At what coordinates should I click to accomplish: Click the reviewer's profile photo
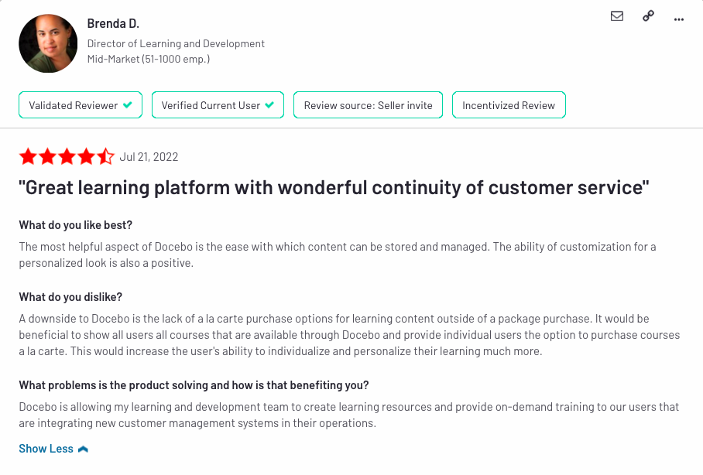(x=48, y=43)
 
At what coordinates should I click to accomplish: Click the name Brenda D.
(x=113, y=23)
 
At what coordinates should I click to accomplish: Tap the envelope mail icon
(x=617, y=16)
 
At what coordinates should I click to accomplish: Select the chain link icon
(x=648, y=16)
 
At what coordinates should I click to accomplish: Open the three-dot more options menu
(x=679, y=19)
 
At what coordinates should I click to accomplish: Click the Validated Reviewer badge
(x=81, y=105)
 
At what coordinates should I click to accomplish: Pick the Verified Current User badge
(x=218, y=105)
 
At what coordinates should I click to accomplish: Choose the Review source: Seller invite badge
(x=368, y=105)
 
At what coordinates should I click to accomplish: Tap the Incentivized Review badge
(x=509, y=105)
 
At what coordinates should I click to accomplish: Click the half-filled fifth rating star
(x=106, y=156)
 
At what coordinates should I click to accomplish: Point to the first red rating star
(x=28, y=156)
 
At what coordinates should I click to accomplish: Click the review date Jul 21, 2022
(x=149, y=157)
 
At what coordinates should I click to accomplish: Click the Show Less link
(x=46, y=449)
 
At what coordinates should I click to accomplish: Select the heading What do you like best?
(x=75, y=225)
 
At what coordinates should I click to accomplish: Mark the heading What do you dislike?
(x=70, y=297)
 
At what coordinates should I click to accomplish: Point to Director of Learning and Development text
(x=176, y=43)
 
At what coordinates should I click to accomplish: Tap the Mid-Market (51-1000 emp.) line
(x=149, y=59)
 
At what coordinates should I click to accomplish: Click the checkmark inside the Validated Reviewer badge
(x=128, y=105)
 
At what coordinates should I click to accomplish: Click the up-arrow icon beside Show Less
(x=83, y=449)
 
